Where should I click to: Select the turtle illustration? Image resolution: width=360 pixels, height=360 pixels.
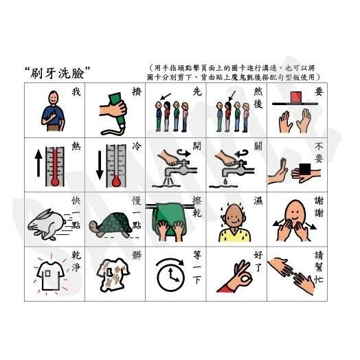click(109, 225)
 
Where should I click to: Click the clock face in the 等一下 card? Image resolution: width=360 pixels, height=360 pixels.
click(168, 277)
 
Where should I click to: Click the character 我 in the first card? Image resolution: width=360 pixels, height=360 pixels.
click(76, 92)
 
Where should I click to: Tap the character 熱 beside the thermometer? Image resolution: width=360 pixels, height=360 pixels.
click(76, 146)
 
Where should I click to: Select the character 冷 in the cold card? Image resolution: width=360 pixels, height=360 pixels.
click(136, 146)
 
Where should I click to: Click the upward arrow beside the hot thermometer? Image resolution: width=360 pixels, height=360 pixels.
click(38, 168)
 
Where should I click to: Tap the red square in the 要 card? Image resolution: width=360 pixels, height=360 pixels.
click(296, 95)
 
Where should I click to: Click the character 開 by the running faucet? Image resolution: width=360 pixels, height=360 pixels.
click(196, 146)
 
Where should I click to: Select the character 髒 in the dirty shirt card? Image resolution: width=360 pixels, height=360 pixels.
click(136, 255)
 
